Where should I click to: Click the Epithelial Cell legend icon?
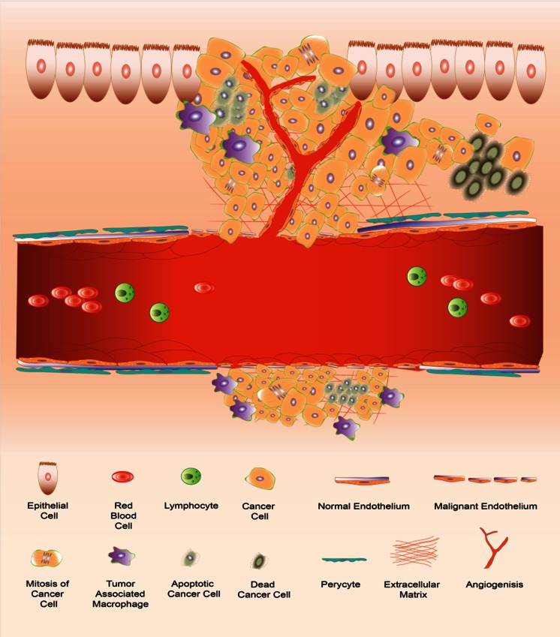50,477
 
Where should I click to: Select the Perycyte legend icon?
345,559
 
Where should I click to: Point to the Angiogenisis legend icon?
493,549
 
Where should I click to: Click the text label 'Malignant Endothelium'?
486,506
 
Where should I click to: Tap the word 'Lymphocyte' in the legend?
191,506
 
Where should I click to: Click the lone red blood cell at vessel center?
203,287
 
